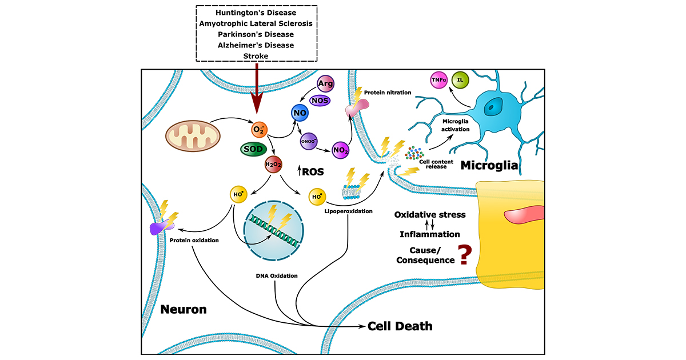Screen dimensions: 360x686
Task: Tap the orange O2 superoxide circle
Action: [258, 130]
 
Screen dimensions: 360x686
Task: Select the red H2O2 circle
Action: [273, 165]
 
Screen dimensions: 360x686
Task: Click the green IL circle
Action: [460, 80]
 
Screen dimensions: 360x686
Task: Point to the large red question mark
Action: [464, 254]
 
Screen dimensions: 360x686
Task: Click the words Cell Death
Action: [400, 326]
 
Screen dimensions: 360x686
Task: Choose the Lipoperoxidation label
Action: [348, 211]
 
